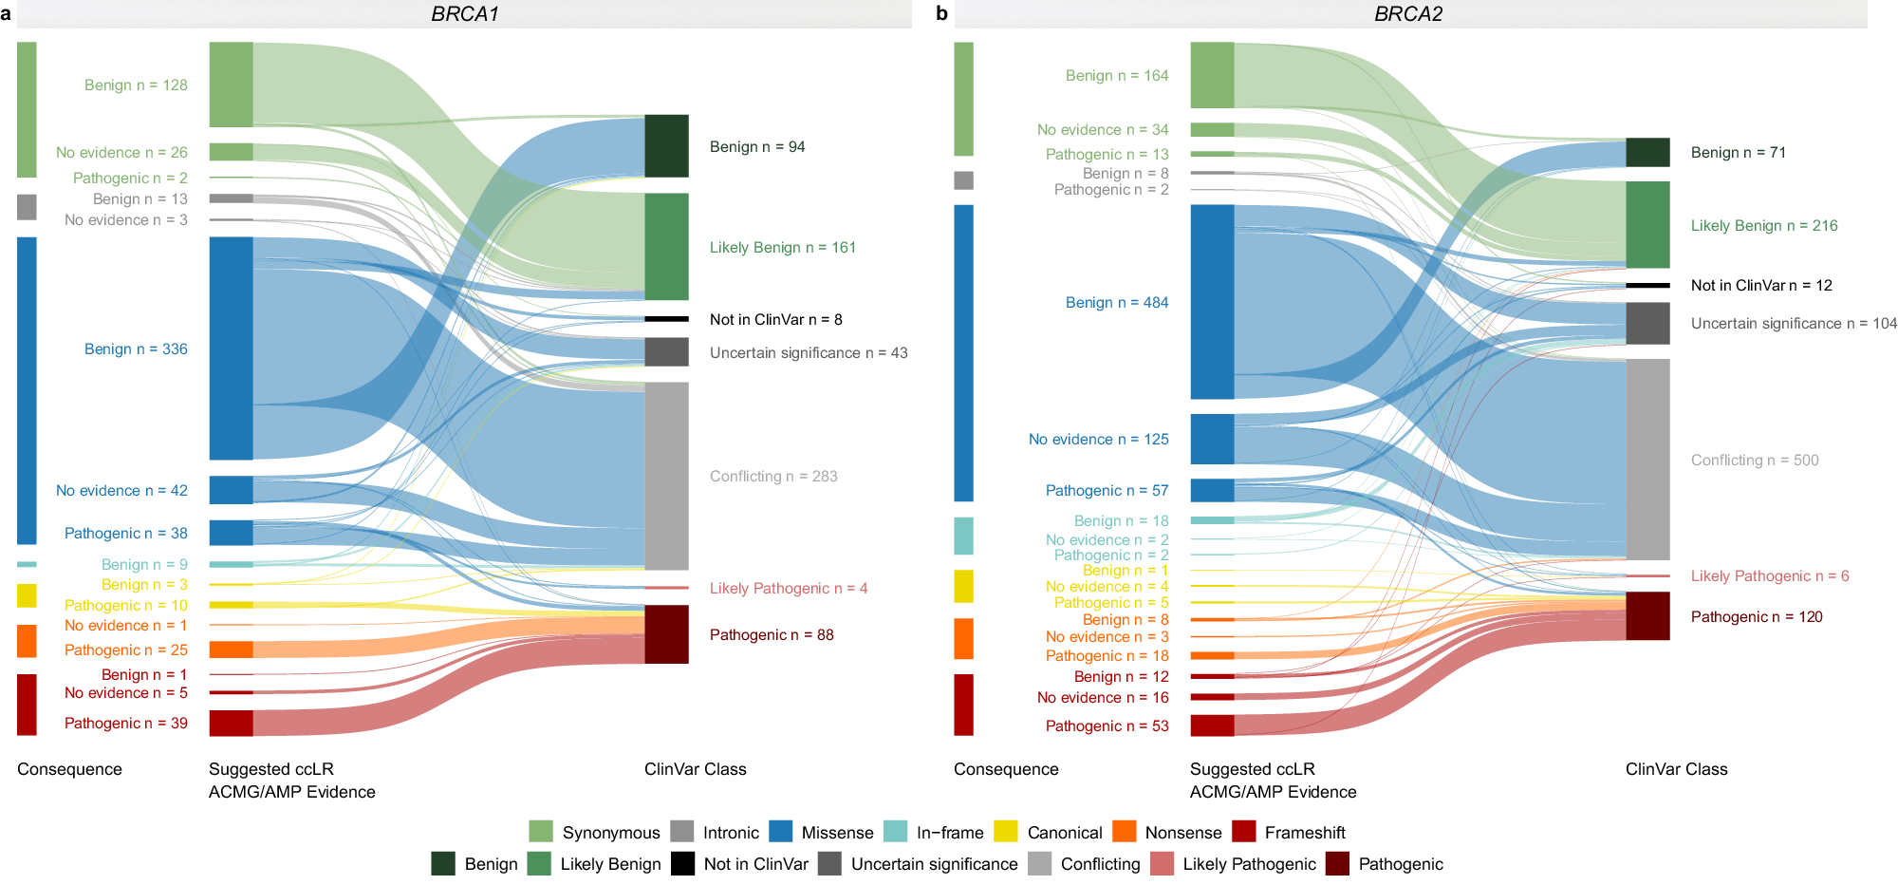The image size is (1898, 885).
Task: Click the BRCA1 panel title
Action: click(464, 13)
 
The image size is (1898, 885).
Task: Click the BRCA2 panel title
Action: click(1408, 13)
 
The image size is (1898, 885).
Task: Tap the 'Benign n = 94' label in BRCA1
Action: click(756, 146)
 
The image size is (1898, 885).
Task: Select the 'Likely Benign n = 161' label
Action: click(782, 247)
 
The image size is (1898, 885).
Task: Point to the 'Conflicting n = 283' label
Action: click(772, 476)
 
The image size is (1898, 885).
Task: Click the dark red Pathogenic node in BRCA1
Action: click(666, 633)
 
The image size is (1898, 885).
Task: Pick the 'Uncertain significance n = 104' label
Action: click(1793, 323)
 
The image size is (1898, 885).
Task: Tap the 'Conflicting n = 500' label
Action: click(1754, 460)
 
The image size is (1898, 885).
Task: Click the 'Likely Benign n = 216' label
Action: click(1763, 225)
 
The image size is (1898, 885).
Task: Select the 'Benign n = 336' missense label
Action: click(136, 348)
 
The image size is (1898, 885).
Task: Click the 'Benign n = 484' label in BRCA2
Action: click(1116, 302)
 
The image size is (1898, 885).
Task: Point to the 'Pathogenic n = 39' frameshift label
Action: click(125, 723)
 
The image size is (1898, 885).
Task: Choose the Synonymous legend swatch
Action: click(540, 832)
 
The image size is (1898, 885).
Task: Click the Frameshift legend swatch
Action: click(1243, 832)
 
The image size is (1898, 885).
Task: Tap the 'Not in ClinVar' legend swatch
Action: click(682, 863)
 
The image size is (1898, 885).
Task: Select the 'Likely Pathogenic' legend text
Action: click(1249, 863)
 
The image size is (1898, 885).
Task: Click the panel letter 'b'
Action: click(940, 13)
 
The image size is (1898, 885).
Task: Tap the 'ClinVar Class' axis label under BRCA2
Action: click(1676, 768)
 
